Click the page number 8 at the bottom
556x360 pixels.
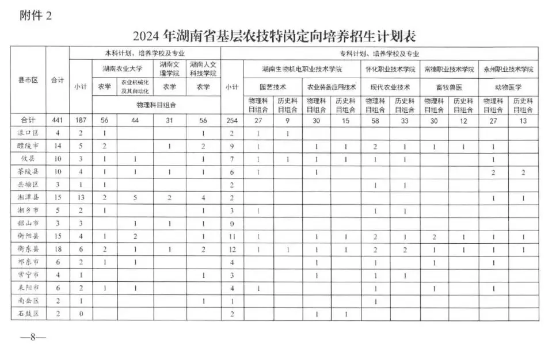(33, 337)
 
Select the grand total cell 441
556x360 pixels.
(57, 120)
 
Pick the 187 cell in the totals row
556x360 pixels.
(80, 120)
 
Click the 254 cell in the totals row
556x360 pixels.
(231, 120)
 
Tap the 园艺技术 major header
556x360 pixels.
(273, 87)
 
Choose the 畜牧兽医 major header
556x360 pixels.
(449, 87)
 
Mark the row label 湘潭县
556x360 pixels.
(28, 197)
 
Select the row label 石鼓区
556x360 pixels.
(28, 313)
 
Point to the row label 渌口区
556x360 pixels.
(28, 133)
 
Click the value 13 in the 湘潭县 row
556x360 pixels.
(80, 197)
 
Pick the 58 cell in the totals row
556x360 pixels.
(375, 120)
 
